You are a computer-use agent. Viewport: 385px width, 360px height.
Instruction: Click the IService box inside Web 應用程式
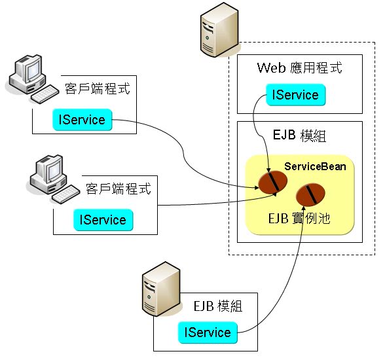296,95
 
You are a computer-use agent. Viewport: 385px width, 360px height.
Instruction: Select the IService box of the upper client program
82,120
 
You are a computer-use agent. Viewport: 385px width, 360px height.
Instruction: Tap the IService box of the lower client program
103,220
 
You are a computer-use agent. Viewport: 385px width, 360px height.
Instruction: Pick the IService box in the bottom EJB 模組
208,333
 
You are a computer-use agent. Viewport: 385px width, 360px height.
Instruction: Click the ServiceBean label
315,167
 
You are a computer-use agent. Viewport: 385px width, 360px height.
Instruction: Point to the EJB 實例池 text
299,218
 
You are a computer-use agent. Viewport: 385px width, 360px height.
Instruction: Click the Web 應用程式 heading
300,67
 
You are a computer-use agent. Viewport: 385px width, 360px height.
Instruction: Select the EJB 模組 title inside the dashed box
300,135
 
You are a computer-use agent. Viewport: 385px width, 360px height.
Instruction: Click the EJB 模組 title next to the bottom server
218,306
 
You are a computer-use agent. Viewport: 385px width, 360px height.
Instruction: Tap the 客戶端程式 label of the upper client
97,88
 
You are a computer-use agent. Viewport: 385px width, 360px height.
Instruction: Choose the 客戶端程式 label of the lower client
119,189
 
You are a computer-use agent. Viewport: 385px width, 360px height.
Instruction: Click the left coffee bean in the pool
273,183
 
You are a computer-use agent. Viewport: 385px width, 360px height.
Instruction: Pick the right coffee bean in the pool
310,194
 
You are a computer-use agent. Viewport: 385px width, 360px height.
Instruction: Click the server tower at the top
219,30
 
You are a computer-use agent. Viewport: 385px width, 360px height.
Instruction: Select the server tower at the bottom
161,289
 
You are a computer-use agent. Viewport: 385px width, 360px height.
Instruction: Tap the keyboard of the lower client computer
65,194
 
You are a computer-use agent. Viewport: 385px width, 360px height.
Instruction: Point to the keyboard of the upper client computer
45,94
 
